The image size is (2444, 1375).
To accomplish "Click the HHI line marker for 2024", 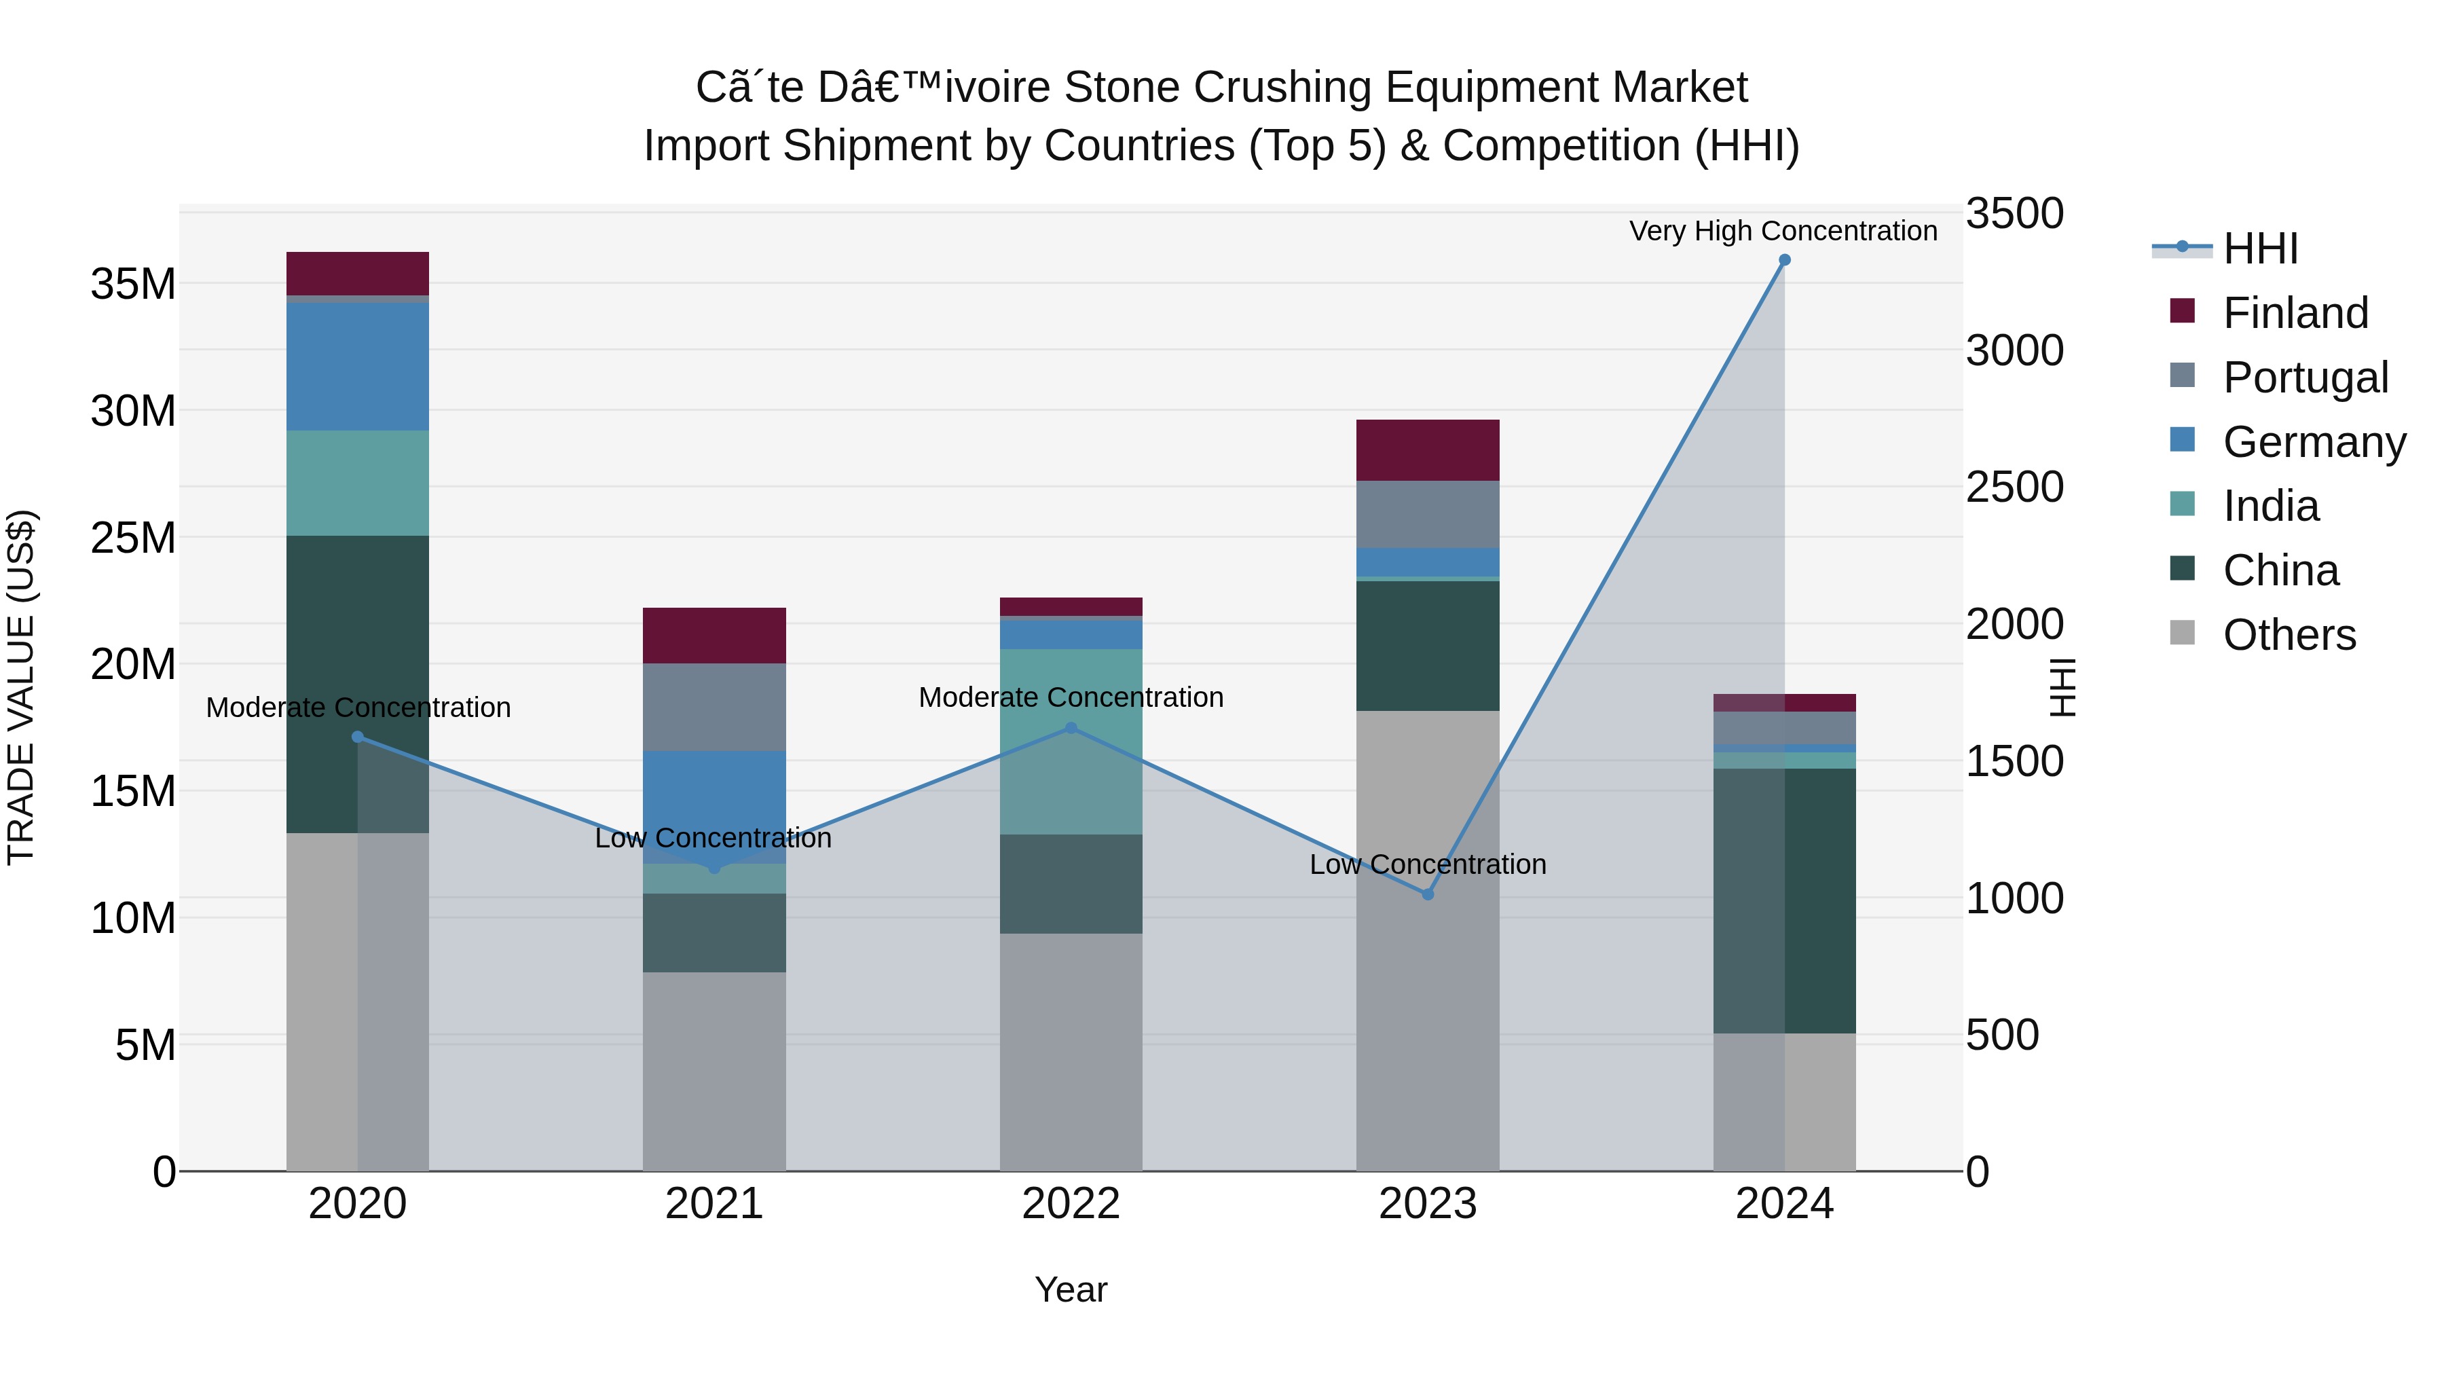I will coord(1783,260).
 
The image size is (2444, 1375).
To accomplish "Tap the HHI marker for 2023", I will coord(1427,894).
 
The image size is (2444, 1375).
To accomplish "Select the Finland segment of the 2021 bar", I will coord(714,635).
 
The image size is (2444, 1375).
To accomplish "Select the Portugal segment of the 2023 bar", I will coord(1427,513).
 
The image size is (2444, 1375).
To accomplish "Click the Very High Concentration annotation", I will coord(1783,231).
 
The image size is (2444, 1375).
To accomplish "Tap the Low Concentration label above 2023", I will coord(1427,864).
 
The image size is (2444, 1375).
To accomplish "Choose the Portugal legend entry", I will coord(2305,377).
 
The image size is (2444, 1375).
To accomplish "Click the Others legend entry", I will coord(2289,634).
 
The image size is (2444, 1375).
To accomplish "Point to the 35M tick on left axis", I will coord(133,284).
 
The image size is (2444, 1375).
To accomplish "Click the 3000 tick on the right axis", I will coord(2014,350).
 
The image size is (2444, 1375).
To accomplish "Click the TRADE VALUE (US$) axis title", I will coord(21,687).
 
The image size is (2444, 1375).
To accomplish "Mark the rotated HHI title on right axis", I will coord(2062,687).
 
